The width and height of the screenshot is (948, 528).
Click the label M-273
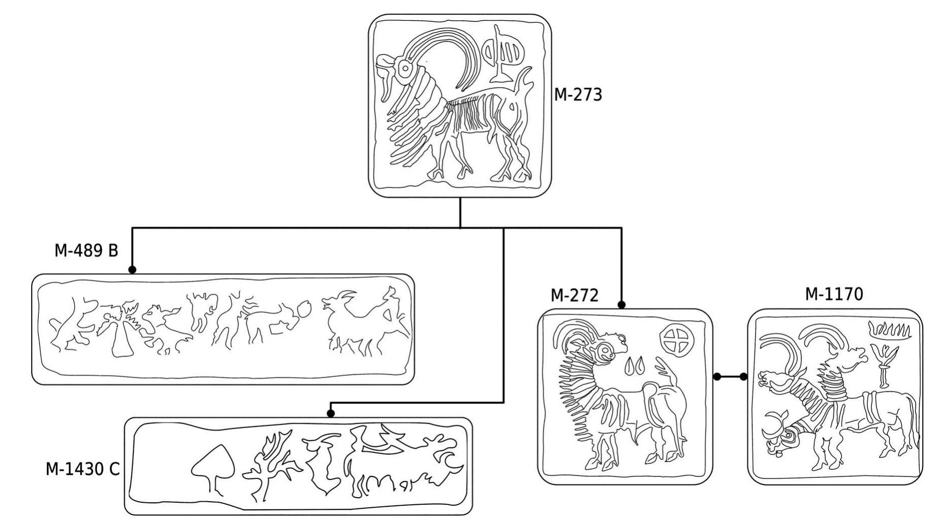pyautogui.click(x=578, y=94)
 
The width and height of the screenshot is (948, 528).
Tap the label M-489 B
pyautogui.click(x=86, y=250)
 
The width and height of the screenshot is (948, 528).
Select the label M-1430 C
pyautogui.click(x=83, y=469)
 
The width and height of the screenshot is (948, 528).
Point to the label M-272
pyautogui.click(x=574, y=295)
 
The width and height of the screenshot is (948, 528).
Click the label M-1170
pyautogui.click(x=834, y=294)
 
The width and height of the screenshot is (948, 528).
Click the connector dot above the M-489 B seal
pyautogui.click(x=132, y=270)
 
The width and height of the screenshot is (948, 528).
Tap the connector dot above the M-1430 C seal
pyautogui.click(x=331, y=413)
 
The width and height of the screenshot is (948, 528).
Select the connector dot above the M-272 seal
pyautogui.click(x=621, y=305)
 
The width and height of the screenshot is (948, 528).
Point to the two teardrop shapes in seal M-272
pyautogui.click(x=634, y=366)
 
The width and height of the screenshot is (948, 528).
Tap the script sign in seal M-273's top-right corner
pyautogui.click(x=503, y=55)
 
